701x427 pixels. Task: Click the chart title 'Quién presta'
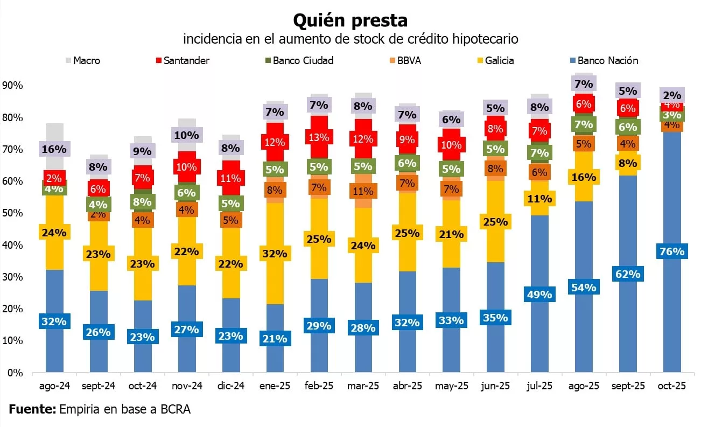tap(350, 20)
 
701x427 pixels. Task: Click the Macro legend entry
tap(86, 60)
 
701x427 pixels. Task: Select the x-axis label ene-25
tap(274, 387)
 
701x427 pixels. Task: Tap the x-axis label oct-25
tap(672, 387)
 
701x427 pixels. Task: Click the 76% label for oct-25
tap(672, 251)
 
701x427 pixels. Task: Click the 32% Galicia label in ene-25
tap(274, 253)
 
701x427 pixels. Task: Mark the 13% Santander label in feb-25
tap(318, 137)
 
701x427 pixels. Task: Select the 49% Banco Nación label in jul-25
tap(539, 295)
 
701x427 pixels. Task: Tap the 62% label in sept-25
tap(628, 274)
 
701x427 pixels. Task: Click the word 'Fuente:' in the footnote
tap(32, 409)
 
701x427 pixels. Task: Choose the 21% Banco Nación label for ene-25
tap(274, 339)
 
